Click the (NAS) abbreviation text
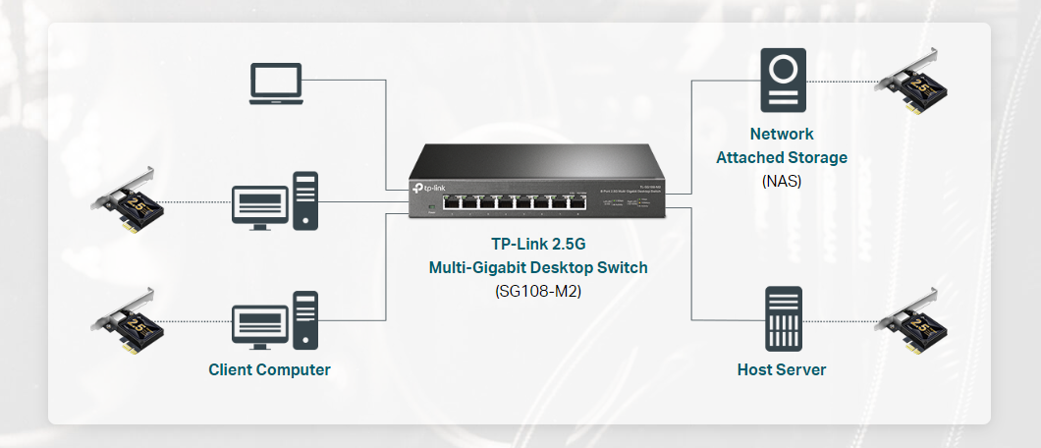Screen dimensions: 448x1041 pyautogui.click(x=782, y=181)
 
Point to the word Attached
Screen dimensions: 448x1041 pyautogui.click(x=748, y=157)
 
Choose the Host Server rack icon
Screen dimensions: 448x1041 pyautogui.click(x=782, y=319)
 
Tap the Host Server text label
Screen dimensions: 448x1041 pyautogui.click(x=782, y=370)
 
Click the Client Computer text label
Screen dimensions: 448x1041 pyautogui.click(x=269, y=370)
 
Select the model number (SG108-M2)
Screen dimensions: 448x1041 pyautogui.click(x=538, y=291)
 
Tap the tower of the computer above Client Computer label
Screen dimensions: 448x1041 pyautogui.click(x=305, y=320)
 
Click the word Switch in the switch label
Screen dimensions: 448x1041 pyautogui.click(x=623, y=267)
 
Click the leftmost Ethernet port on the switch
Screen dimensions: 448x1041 pyautogui.click(x=453, y=204)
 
